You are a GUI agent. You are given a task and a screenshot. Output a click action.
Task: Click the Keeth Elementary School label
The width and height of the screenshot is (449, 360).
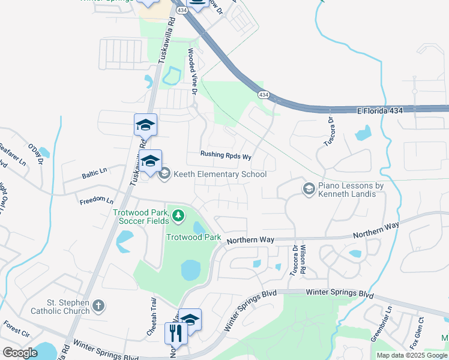coord(220,175)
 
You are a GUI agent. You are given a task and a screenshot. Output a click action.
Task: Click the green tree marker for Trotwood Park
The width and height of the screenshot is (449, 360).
coord(178,214)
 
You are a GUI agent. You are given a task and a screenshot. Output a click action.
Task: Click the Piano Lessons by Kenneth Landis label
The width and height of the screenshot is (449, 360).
coord(351,190)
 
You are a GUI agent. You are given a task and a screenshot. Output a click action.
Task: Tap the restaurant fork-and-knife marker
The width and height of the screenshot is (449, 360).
coord(176,333)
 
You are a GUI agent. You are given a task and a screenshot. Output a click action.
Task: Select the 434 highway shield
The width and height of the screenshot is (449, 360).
coord(264,95)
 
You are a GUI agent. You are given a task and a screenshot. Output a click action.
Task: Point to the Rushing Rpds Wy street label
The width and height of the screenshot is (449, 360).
coord(225,155)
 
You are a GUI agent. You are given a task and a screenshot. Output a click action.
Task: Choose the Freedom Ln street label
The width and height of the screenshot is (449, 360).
coord(96,200)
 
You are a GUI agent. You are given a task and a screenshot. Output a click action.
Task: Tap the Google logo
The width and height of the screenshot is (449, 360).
coord(20,353)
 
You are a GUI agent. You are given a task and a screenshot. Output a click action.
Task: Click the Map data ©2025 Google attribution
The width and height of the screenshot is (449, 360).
coord(411,355)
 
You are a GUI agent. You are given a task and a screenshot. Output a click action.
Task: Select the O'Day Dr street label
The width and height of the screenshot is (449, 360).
coord(37,153)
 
